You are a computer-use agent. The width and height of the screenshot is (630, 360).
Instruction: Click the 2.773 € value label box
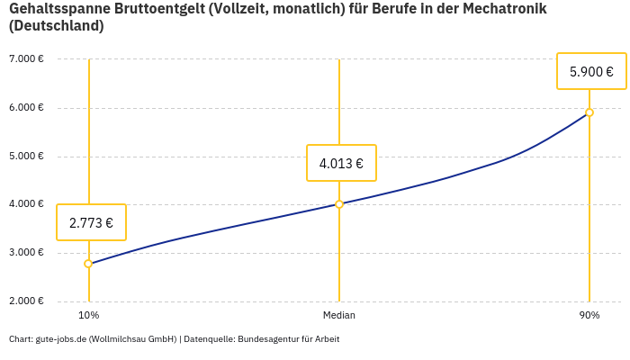[x=91, y=222]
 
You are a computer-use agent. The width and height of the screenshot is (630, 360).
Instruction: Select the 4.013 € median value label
[x=341, y=163]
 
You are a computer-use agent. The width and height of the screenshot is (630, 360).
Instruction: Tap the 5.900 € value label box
[x=591, y=71]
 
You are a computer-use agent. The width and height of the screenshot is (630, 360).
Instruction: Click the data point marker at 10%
[x=88, y=264]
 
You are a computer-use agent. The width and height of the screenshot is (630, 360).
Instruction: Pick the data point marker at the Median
[x=339, y=204]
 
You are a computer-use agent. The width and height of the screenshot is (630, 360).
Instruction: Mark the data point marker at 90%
[x=589, y=112]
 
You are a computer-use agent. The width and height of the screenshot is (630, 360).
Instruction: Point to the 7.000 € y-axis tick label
[x=26, y=59]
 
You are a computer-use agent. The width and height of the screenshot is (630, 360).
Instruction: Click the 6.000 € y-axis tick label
[x=26, y=108]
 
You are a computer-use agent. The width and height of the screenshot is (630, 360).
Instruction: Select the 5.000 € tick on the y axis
[x=26, y=156]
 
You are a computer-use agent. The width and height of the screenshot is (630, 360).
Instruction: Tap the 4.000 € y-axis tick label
[x=26, y=204]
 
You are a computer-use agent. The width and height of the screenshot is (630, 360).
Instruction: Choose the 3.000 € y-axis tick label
[x=26, y=252]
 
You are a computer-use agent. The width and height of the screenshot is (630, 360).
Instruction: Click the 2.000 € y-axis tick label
[x=26, y=301]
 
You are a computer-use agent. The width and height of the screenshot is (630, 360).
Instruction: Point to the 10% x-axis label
[x=88, y=315]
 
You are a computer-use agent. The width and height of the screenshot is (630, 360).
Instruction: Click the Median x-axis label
[x=339, y=315]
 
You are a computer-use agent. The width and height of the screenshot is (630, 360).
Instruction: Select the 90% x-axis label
[x=589, y=315]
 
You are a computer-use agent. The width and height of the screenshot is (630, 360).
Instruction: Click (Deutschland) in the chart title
[x=56, y=26]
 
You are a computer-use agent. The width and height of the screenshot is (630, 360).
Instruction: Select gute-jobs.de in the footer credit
[x=60, y=339]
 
